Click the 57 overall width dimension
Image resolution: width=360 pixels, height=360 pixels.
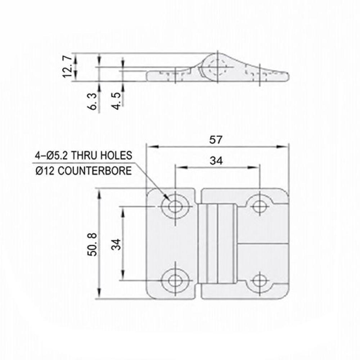point(216,140)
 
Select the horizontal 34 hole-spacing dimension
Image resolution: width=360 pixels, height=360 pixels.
point(216,161)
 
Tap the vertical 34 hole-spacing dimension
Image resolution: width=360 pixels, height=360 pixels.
point(116,244)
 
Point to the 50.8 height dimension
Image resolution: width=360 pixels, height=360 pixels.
point(92,244)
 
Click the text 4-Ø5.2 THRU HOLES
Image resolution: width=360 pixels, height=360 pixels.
point(84,156)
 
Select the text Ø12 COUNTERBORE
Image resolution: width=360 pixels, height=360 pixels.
point(84,171)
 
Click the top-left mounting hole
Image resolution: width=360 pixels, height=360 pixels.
point(175,206)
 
